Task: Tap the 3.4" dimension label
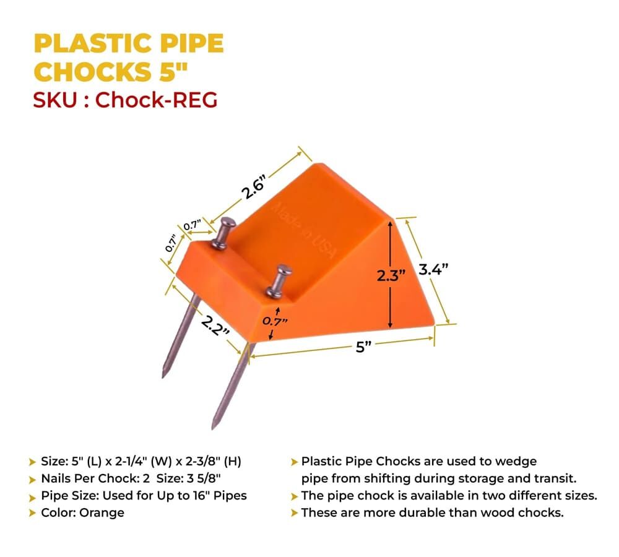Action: (x=433, y=270)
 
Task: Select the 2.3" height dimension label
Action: (x=391, y=275)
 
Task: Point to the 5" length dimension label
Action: (x=363, y=347)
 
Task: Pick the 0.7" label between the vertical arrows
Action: (x=275, y=321)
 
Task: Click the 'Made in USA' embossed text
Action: (x=305, y=230)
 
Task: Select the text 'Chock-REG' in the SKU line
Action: (x=156, y=100)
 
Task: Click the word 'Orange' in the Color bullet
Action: (x=102, y=513)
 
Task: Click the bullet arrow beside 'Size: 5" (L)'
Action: (x=32, y=462)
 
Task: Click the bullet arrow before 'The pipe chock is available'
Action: (x=294, y=496)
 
